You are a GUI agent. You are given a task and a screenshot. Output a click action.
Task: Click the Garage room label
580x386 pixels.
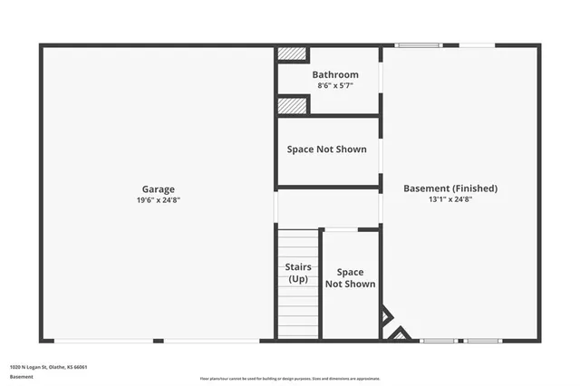[158, 189]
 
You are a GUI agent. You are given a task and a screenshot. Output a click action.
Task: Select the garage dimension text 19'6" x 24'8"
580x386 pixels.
[158, 200]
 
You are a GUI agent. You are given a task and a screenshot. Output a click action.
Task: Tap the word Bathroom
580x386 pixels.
[335, 74]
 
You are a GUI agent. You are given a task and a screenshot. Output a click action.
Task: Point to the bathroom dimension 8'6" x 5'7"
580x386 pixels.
[335, 85]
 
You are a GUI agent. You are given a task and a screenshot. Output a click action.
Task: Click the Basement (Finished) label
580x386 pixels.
[450, 188]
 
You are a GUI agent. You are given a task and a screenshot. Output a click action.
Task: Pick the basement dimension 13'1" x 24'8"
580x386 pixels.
[450, 199]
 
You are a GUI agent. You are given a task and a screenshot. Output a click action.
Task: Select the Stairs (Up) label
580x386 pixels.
[298, 273]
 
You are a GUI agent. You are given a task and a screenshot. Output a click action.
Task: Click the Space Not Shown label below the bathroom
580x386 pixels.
[327, 149]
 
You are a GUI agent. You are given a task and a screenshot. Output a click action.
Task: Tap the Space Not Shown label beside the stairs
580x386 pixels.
[350, 277]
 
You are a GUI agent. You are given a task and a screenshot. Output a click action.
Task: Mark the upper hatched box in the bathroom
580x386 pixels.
[292, 53]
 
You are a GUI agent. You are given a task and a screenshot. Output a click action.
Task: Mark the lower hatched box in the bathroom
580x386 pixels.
[292, 105]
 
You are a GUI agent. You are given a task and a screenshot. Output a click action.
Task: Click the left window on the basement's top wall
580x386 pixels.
[418, 44]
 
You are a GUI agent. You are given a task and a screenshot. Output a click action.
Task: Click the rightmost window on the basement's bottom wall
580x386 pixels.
[482, 341]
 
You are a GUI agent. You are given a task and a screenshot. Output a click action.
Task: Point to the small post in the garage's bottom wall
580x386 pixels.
[158, 341]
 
